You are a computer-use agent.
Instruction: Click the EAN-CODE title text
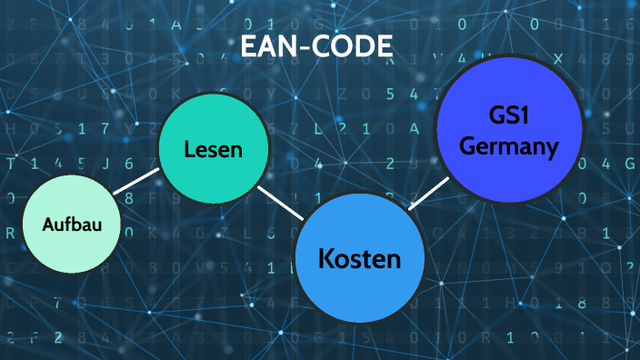point(316,46)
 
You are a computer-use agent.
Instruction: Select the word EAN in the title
point(269,46)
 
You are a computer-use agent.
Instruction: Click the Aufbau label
point(71,224)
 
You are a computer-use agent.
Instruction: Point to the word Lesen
point(214,149)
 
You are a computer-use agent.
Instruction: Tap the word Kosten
point(360,259)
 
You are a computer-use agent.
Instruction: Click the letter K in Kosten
point(326,259)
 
